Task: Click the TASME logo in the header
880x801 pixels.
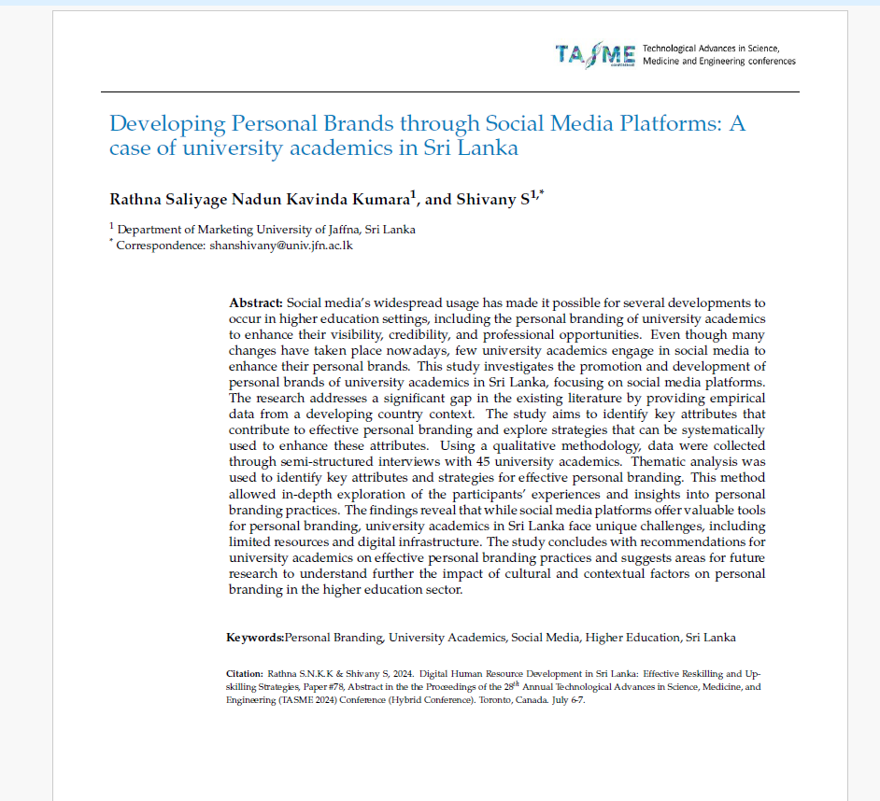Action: tap(595, 54)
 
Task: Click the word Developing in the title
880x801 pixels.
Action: tap(165, 123)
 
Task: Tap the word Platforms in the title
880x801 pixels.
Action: tap(646, 123)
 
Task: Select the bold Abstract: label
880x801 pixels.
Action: tap(255, 303)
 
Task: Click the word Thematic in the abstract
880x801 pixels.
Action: tap(660, 460)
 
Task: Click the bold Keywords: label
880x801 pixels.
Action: tap(255, 638)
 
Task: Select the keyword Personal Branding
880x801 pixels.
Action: tap(334, 638)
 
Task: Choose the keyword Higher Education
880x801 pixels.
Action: tap(632, 638)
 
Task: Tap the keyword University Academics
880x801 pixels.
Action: tap(447, 638)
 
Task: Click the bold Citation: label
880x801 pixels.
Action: tap(245, 673)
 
